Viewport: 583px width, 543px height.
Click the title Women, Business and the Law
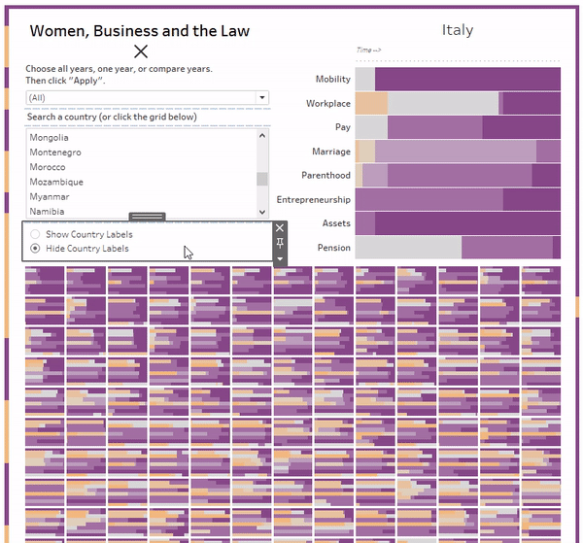tap(139, 31)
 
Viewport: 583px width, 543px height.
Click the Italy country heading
tap(457, 30)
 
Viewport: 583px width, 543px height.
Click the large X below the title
tap(141, 51)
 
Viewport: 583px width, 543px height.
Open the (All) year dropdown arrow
tap(261, 98)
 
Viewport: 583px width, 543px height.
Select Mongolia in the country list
tap(50, 138)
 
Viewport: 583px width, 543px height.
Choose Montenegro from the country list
tap(55, 153)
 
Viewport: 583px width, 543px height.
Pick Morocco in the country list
tap(50, 167)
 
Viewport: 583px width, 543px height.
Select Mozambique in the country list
tap(56, 182)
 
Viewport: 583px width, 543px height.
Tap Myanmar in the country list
tap(50, 196)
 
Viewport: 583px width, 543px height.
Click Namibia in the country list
tap(48, 211)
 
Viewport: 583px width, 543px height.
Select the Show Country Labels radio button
tap(36, 235)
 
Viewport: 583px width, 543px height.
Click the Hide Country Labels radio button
tap(36, 249)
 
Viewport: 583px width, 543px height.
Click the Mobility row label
tap(333, 80)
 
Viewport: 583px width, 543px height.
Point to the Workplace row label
tap(328, 103)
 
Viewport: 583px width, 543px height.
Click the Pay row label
tap(342, 127)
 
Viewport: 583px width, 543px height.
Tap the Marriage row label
tap(331, 152)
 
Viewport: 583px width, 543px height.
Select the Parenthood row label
tap(326, 176)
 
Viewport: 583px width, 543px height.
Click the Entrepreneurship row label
tap(314, 200)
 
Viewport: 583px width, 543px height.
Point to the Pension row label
tap(334, 248)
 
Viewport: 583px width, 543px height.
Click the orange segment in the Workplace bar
tap(371, 103)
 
